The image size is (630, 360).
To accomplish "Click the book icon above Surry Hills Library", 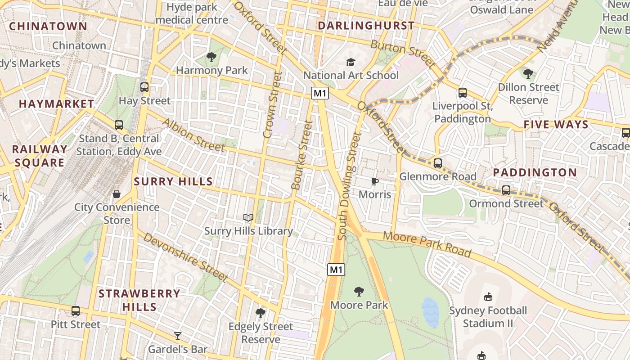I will [248, 218].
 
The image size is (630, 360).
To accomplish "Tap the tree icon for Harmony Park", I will [211, 57].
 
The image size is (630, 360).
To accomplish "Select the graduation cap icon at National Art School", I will [351, 62].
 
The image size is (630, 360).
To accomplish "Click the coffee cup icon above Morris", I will [374, 181].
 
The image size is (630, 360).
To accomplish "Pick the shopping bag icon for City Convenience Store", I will [117, 194].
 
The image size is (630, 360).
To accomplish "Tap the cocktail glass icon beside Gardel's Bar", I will [178, 336].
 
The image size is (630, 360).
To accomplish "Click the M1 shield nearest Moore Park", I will [336, 270].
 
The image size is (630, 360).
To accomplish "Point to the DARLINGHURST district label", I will [366, 26].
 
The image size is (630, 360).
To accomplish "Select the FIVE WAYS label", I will [556, 125].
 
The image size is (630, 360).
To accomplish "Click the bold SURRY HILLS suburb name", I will [173, 182].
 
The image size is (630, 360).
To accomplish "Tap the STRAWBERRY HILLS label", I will [139, 300].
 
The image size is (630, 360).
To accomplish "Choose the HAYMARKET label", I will [56, 104].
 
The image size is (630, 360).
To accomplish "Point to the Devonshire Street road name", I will [185, 257].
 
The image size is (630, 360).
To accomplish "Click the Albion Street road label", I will [193, 135].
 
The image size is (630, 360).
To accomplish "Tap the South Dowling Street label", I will [349, 185].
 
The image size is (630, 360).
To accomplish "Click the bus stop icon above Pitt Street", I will [76, 311].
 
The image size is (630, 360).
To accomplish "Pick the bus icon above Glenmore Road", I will [438, 163].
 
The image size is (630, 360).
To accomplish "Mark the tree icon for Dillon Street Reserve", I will [528, 73].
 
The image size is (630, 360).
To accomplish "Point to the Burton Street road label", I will [403, 54].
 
